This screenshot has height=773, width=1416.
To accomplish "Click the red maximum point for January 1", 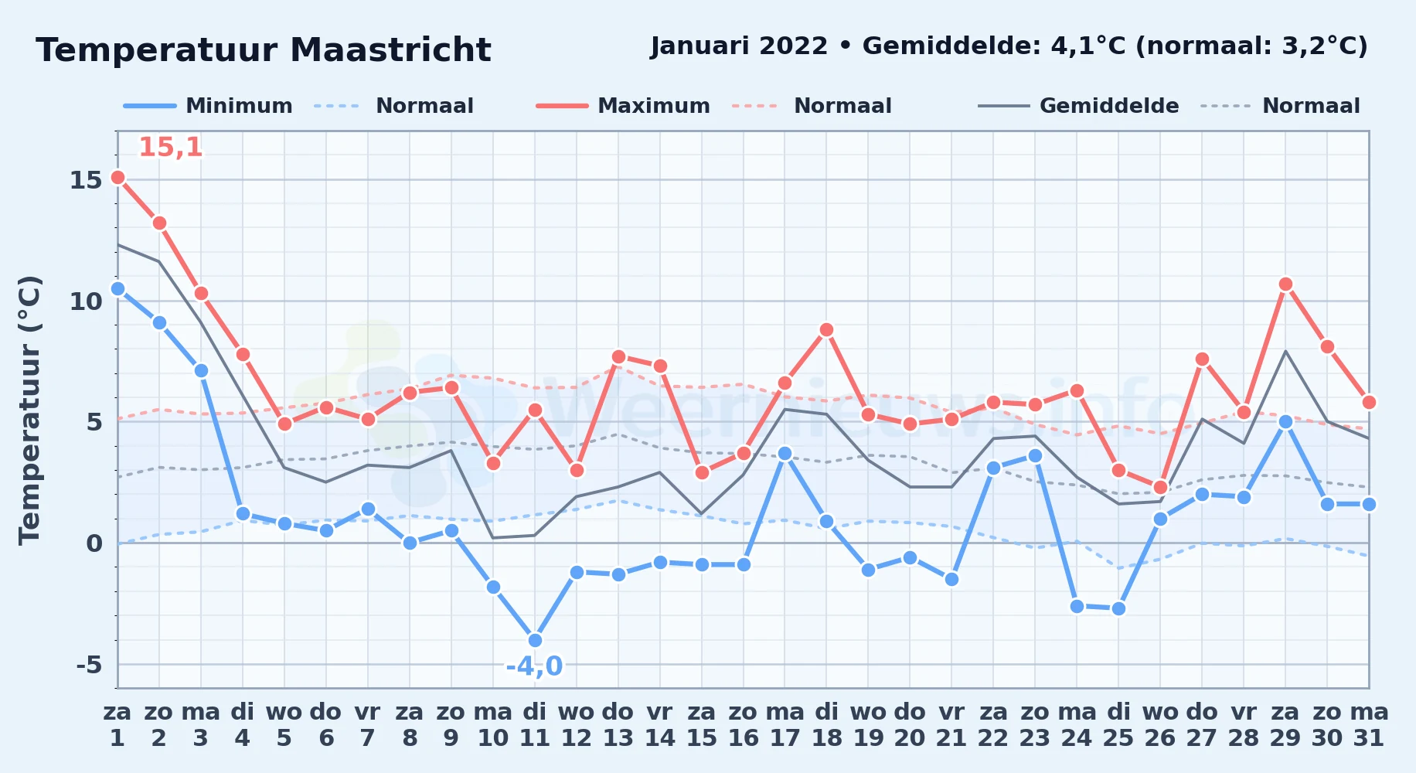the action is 117,177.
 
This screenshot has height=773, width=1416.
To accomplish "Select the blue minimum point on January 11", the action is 535,640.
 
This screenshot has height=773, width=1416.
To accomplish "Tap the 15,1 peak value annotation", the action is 171,147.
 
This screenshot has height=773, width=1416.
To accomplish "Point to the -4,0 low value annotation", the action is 534,666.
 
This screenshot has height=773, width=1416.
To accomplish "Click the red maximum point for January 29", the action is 1285,284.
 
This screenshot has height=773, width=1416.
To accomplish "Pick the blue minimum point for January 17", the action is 785,453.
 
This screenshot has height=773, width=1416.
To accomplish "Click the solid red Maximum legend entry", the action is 623,106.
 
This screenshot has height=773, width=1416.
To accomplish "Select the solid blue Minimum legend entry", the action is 208,106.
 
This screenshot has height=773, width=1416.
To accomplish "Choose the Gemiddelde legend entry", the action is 1078,106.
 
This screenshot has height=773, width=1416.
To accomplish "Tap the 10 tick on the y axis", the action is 86,301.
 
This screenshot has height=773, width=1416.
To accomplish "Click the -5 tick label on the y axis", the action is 89,664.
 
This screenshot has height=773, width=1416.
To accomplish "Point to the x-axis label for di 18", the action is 826,724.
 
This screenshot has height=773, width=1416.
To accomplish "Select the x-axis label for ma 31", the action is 1369,724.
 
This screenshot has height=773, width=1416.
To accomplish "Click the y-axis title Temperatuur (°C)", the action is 29,410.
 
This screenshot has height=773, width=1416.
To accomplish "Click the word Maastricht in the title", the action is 390,50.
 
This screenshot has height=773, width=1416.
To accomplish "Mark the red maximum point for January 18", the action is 826,329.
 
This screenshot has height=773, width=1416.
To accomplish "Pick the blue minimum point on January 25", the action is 1118,608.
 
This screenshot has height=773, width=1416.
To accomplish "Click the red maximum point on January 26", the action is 1160,487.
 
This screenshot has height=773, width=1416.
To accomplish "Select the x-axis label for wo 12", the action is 576,724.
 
